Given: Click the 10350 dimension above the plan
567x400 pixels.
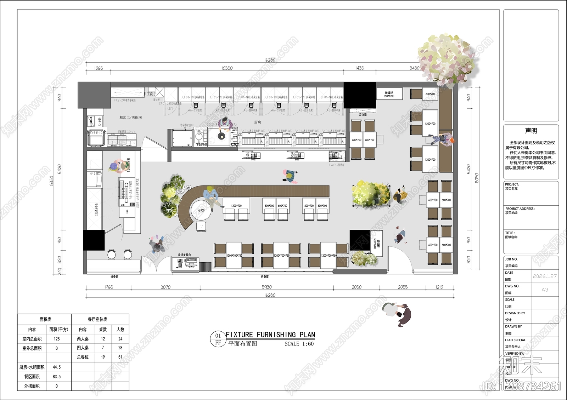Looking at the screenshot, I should click(227, 68).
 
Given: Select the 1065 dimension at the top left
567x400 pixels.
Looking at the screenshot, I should click(99, 68).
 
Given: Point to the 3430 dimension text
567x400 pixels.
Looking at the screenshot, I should click(414, 68).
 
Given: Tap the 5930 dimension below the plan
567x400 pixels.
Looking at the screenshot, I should click(266, 287).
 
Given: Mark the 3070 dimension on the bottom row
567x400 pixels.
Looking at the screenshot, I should click(165, 287).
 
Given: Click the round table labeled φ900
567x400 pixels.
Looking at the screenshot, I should click(201, 211).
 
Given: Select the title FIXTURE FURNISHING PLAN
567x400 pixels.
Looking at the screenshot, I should click(270, 335).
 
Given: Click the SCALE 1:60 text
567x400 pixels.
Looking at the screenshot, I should click(299, 344).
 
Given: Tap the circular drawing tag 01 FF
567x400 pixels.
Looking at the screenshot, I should click(218, 339).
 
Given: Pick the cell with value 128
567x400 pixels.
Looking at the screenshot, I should click(57, 339).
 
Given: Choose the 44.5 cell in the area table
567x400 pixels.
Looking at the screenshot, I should click(57, 367).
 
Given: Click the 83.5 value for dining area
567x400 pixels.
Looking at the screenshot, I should click(57, 377).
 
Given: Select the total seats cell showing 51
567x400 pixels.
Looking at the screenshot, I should click(120, 357).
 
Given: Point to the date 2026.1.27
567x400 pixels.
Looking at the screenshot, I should click(545, 276).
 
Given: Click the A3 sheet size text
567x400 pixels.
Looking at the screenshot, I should click(545, 290).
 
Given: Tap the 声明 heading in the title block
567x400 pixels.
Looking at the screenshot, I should click(531, 131).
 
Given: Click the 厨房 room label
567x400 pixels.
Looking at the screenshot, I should click(258, 122).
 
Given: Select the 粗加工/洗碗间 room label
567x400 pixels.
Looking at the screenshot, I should click(131, 117).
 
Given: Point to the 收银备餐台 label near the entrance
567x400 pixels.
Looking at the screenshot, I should click(184, 255).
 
